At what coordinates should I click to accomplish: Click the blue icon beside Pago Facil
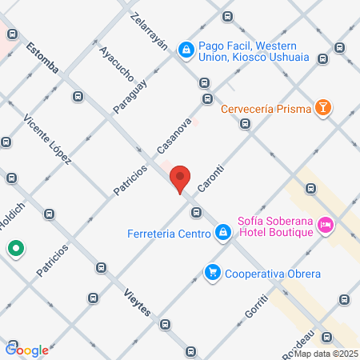(186, 50)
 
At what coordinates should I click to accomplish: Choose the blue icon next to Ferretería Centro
(223, 234)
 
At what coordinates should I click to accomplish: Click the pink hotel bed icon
(325, 226)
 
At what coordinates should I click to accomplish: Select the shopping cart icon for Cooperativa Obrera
(212, 273)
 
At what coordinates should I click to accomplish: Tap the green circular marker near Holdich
(16, 249)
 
